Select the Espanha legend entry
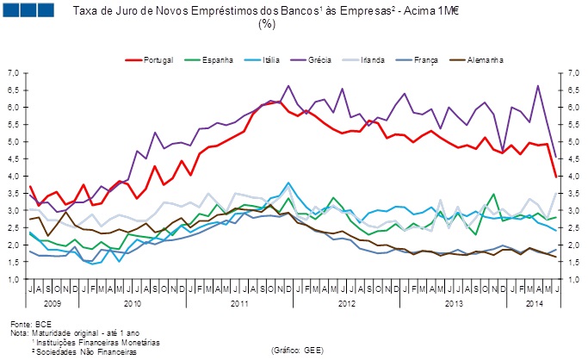[215, 61]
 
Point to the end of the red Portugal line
[555, 177]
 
